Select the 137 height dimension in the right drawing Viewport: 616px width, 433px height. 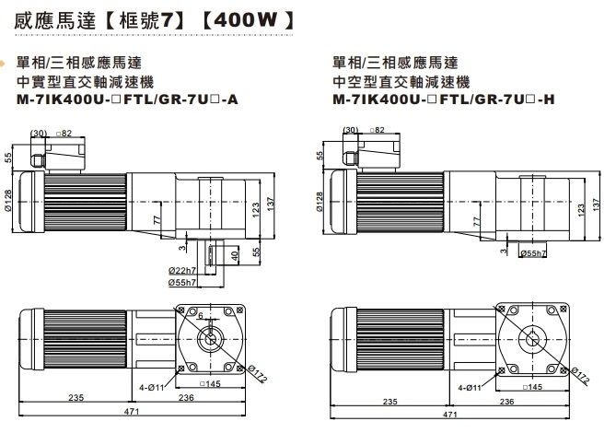pyautogui.click(x=590, y=203)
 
